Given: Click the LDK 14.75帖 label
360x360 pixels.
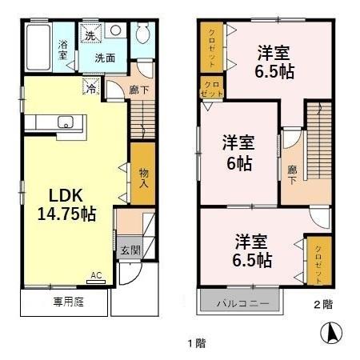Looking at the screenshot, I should (x=65, y=205).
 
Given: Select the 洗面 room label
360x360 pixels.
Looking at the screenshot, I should (x=105, y=58).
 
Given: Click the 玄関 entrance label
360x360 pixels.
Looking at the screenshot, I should (x=130, y=250).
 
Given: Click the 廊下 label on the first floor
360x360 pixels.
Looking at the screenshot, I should (x=138, y=89).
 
